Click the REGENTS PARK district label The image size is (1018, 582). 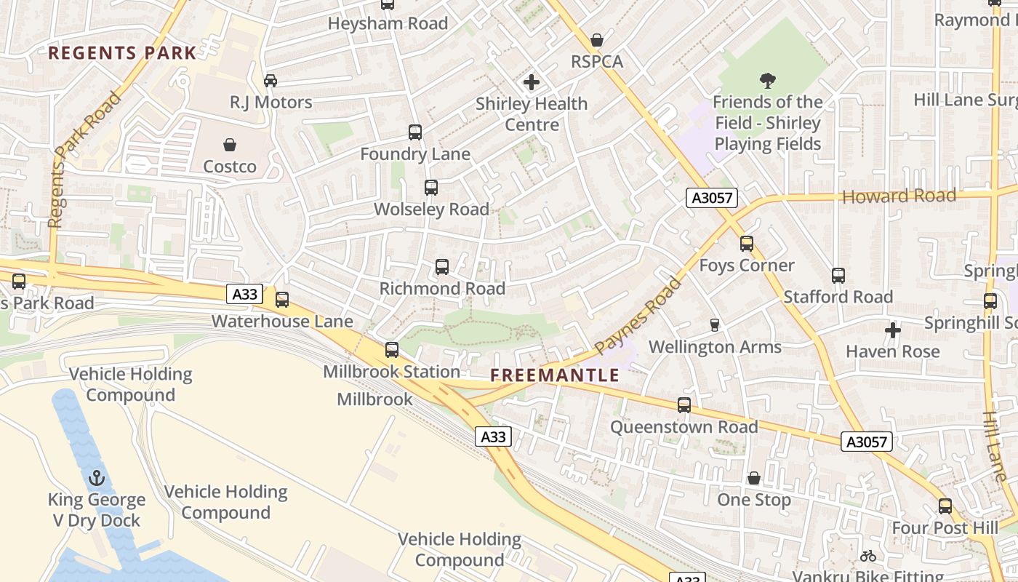tap(122, 52)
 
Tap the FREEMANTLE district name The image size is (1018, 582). tap(555, 375)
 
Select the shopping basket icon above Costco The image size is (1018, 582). tap(230, 145)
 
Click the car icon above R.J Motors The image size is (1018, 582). tap(270, 80)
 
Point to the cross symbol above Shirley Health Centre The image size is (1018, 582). tap(532, 82)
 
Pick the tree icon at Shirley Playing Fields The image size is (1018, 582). tap(767, 80)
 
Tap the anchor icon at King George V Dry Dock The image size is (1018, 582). tap(97, 478)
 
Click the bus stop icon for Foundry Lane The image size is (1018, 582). tap(415, 132)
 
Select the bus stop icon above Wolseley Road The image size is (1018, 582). tap(431, 188)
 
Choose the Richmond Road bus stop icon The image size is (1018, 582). tap(442, 267)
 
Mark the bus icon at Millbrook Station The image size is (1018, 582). tap(392, 350)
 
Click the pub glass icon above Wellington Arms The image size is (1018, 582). tap(715, 325)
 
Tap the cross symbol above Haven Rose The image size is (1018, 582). tap(893, 330)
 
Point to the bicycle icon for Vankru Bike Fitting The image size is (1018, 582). tap(868, 556)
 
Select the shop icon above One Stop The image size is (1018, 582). tap(754, 478)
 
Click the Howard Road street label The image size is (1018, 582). tap(899, 196)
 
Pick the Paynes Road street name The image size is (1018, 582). tap(638, 316)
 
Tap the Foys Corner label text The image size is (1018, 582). tap(747, 266)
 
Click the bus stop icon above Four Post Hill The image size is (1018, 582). tap(945, 506)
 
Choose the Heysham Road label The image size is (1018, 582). tap(388, 23)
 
